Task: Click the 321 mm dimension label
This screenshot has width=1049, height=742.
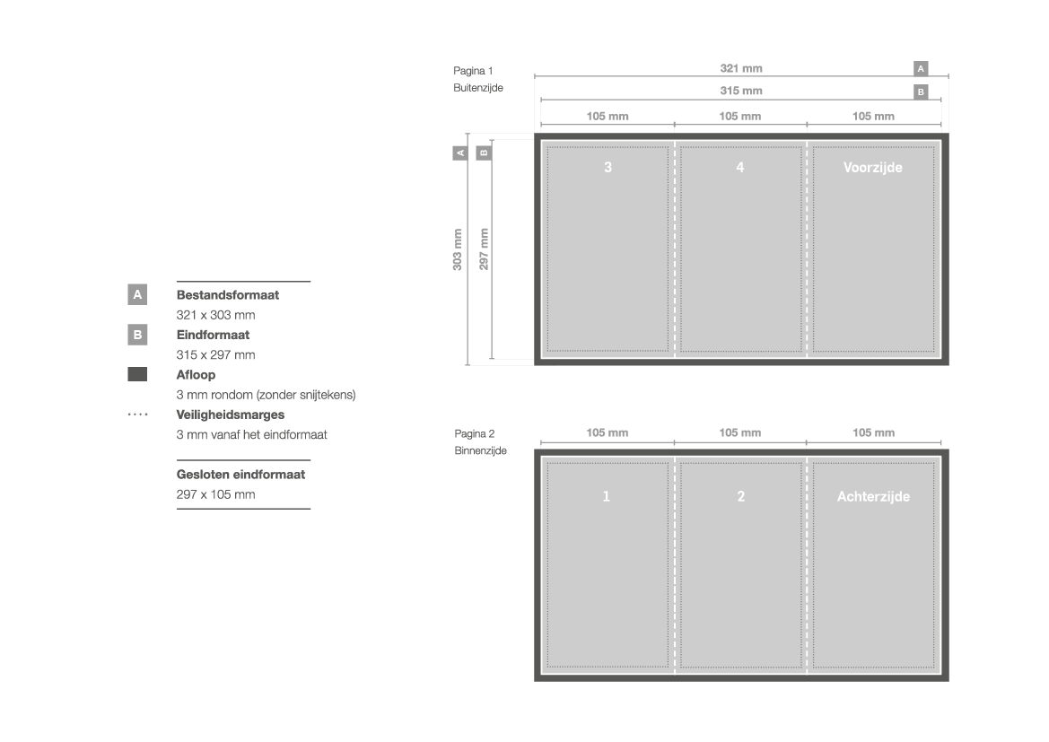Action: click(x=740, y=68)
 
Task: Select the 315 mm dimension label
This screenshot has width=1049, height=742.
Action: click(x=740, y=91)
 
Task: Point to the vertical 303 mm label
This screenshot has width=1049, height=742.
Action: click(x=458, y=249)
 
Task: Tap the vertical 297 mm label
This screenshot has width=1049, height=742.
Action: click(x=484, y=249)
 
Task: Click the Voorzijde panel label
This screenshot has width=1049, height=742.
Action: click(x=872, y=167)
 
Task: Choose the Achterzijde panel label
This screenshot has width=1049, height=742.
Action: click(x=873, y=496)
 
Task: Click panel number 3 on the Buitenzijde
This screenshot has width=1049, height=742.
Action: click(x=608, y=167)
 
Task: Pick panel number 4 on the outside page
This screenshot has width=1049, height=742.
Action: click(x=740, y=167)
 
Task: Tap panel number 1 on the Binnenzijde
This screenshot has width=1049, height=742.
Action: click(x=606, y=496)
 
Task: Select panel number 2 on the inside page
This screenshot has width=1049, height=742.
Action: click(x=740, y=496)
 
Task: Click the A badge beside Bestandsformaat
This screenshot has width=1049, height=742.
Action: click(x=137, y=294)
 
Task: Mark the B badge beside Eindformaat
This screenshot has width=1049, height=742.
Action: click(x=137, y=335)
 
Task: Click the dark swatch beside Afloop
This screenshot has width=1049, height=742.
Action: click(x=137, y=374)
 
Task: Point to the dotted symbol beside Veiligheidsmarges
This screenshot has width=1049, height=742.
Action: click(x=137, y=415)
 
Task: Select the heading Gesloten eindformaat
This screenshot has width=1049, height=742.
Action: click(x=240, y=475)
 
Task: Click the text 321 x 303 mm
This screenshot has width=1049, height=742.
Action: click(x=215, y=314)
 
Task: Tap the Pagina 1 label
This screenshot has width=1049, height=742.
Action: click(x=473, y=71)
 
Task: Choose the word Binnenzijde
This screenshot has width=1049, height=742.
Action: click(x=480, y=450)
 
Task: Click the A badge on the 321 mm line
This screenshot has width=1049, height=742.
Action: click(x=921, y=68)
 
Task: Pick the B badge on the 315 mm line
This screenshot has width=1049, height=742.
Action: click(x=921, y=92)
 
